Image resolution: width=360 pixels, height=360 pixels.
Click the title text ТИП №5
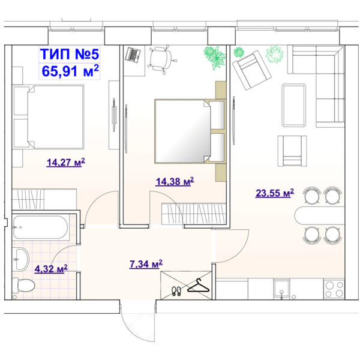coord(70,54)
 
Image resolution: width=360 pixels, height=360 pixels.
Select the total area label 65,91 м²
coord(70,71)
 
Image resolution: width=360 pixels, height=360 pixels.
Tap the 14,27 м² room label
coord(65,163)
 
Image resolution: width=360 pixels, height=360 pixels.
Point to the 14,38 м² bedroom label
coord(175,181)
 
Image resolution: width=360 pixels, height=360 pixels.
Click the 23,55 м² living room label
coord(275,193)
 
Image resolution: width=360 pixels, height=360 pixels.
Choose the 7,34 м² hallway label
coord(146,264)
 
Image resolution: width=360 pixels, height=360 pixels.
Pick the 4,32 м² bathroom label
coord(51,269)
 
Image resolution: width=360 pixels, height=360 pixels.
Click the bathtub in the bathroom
coord(41,227)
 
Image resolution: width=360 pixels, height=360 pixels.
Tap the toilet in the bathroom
coord(23,286)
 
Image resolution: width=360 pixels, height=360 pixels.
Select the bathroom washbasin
coord(21,259)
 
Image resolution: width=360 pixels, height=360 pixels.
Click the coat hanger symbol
coord(199,286)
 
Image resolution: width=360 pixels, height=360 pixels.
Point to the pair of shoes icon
coord(176,291)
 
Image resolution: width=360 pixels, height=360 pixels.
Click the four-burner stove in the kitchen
coord(334,289)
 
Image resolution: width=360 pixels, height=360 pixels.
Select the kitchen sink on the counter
coord(281,288)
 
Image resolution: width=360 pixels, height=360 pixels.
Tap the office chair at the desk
coord(162,59)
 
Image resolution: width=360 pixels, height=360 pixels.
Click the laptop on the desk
coord(133,55)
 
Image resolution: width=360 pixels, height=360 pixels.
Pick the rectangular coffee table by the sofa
coord(294,105)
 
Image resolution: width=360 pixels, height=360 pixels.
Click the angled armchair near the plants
coord(251,70)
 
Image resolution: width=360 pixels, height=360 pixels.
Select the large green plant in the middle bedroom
coord(215,57)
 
